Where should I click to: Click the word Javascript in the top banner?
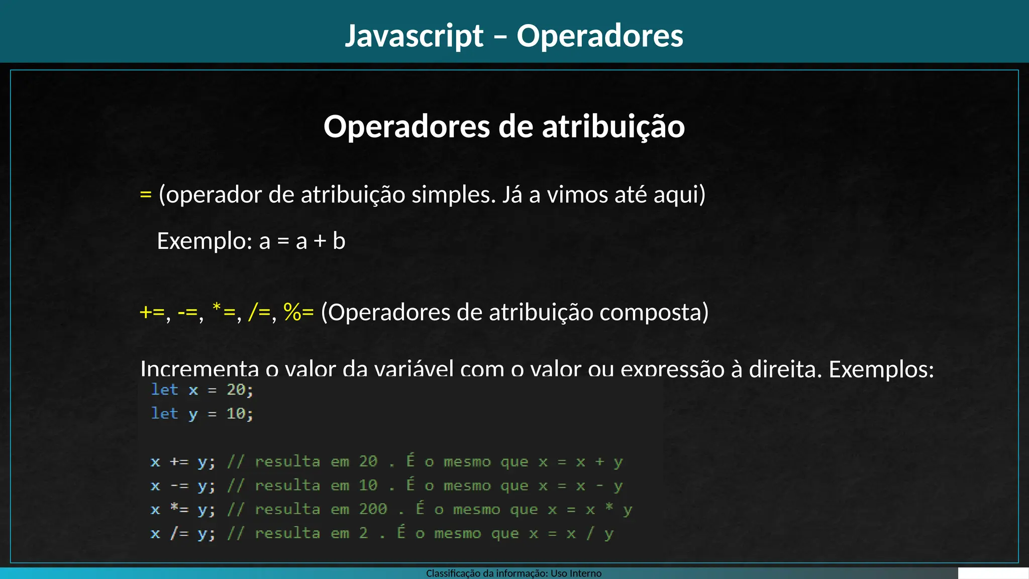(414, 36)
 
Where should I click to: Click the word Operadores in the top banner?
(600, 36)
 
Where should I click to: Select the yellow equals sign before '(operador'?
(146, 195)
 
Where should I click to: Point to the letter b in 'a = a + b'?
(339, 241)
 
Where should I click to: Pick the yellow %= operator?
(298, 312)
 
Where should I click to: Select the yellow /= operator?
(260, 312)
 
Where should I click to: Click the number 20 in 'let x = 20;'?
(236, 390)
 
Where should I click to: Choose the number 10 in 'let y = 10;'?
(236, 414)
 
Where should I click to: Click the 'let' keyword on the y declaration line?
(165, 414)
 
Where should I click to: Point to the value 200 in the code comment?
(373, 509)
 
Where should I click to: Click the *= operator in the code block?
(179, 509)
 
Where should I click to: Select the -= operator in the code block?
(179, 486)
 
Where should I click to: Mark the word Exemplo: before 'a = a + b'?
(204, 241)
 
